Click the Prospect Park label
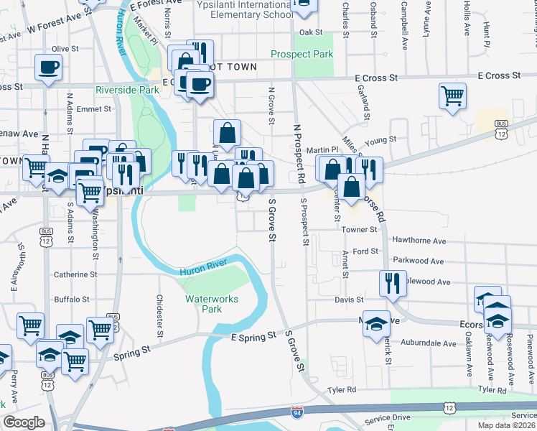point(302,54)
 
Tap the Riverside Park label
point(127,90)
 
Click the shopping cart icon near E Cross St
point(452,95)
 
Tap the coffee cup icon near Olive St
point(49,68)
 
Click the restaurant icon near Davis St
point(392,282)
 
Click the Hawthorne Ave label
point(419,241)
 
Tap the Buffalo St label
point(72,299)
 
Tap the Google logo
point(24,422)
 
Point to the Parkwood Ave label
point(418,261)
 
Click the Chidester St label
point(159,315)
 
